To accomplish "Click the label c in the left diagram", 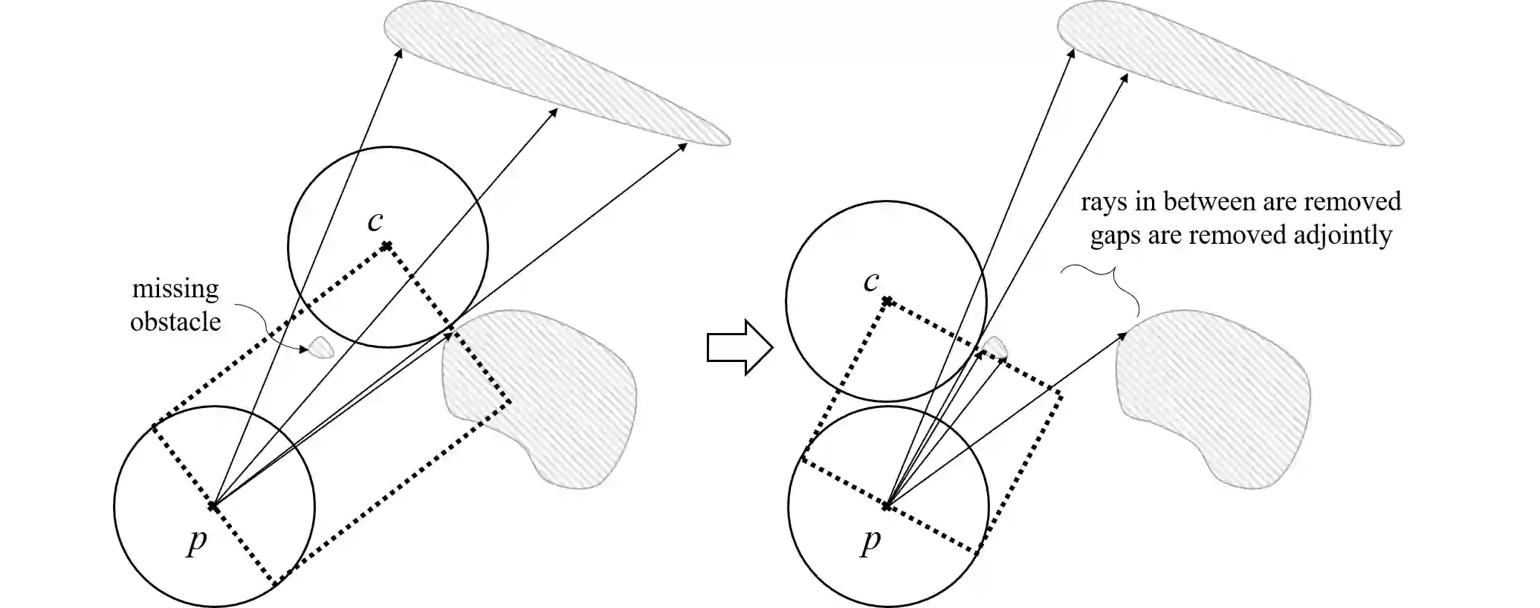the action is (376, 221).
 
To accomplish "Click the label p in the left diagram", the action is (197, 541).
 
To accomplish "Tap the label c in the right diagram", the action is (871, 281).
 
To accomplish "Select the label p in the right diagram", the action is (870, 541).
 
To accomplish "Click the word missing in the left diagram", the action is (175, 288).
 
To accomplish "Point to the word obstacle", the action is (175, 321).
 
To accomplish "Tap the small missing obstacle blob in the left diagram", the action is (322, 347).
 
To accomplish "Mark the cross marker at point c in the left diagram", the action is (386, 245).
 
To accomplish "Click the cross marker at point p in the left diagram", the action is (213, 506).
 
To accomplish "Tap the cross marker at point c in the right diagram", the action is (887, 301).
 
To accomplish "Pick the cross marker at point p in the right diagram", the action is (887, 506).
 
